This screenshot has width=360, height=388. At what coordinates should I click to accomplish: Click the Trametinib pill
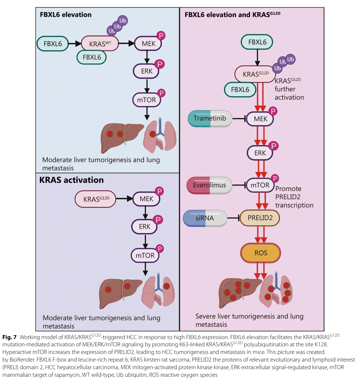pyautogui.click(x=210, y=119)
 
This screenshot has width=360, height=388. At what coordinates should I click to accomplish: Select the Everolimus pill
pyautogui.click(x=209, y=185)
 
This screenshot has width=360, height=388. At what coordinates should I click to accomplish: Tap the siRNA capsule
pyautogui.click(x=205, y=218)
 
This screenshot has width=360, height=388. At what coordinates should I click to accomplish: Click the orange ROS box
pyautogui.click(x=261, y=253)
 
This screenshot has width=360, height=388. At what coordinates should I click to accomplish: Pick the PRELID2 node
pyautogui.click(x=260, y=218)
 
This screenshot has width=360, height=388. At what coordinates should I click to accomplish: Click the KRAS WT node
pyautogui.click(x=100, y=43)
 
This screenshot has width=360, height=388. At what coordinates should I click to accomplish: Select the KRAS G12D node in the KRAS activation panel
pyautogui.click(x=96, y=199)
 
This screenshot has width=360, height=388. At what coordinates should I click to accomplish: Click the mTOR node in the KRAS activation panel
pyautogui.click(x=145, y=255)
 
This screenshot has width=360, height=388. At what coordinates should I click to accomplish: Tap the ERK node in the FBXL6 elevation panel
pyautogui.click(x=146, y=71)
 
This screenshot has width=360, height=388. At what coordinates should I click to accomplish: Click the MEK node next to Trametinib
pyautogui.click(x=260, y=119)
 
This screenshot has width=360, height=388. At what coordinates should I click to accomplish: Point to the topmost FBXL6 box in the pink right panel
pyautogui.click(x=257, y=42)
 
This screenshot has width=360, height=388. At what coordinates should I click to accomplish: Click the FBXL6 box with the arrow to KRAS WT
pyautogui.click(x=53, y=44)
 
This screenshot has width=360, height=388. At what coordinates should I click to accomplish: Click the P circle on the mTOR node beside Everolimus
pyautogui.click(x=275, y=178)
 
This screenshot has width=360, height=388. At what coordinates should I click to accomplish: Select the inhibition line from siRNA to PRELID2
pyautogui.click(x=233, y=218)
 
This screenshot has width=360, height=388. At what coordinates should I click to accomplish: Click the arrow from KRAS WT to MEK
pyautogui.click(x=127, y=43)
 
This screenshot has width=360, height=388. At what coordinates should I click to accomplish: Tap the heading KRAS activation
pyautogui.click(x=71, y=180)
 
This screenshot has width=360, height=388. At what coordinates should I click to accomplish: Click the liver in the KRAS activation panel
pyautogui.click(x=120, y=293)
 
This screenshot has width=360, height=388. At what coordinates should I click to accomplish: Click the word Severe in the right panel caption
pyautogui.click(x=207, y=316)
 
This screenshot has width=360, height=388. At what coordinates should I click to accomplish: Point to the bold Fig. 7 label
pyautogui.click(x=9, y=337)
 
